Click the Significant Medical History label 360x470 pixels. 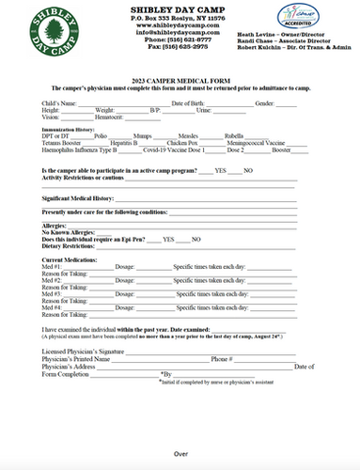[x=78, y=198]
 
